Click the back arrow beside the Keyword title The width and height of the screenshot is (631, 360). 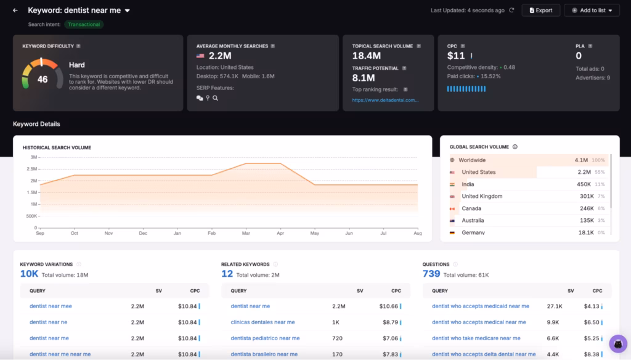pyautogui.click(x=15, y=10)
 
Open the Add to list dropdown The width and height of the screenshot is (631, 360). pyautogui.click(x=592, y=10)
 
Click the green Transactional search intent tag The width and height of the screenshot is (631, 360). pyautogui.click(x=84, y=25)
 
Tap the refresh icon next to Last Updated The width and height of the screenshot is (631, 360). pyautogui.click(x=511, y=10)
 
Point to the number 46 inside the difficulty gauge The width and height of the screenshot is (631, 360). pyautogui.click(x=43, y=80)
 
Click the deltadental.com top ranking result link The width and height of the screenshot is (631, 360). pyautogui.click(x=385, y=100)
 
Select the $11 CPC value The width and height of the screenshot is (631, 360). pyautogui.click(x=456, y=56)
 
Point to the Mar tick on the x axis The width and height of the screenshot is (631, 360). pyautogui.click(x=246, y=233)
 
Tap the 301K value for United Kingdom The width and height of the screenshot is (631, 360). pyautogui.click(x=587, y=197)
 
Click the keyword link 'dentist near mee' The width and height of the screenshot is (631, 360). pyautogui.click(x=51, y=306)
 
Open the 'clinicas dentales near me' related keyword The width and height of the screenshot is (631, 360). pyautogui.click(x=263, y=322)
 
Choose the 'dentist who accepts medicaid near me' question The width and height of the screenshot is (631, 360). pyautogui.click(x=480, y=306)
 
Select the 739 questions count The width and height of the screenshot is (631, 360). pyautogui.click(x=431, y=274)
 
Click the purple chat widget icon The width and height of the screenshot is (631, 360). pyautogui.click(x=617, y=343)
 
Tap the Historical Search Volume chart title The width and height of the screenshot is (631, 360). pyautogui.click(x=57, y=148)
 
